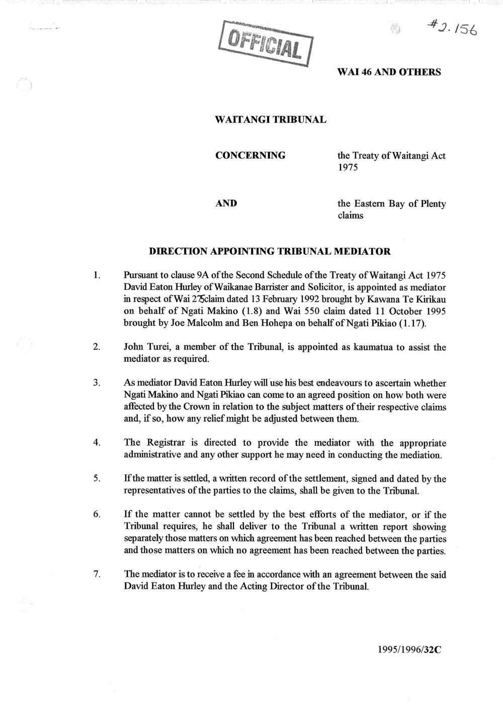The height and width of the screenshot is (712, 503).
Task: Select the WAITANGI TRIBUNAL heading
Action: (x=271, y=120)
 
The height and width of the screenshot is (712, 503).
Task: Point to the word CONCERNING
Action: (x=250, y=155)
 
